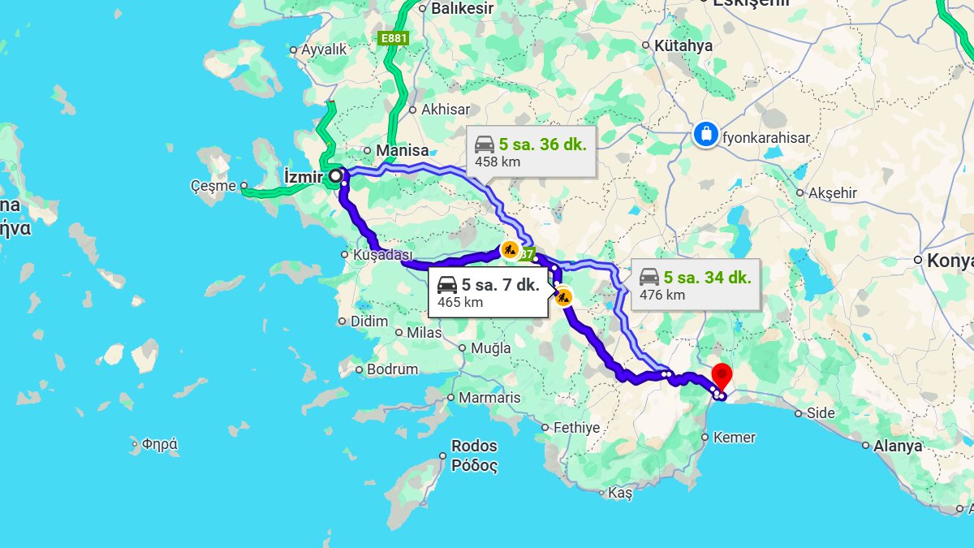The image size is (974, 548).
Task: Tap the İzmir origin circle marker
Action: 335,175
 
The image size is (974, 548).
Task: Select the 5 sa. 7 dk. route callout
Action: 488,293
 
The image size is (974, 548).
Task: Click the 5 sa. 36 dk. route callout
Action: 531,152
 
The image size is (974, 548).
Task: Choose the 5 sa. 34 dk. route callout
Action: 695,284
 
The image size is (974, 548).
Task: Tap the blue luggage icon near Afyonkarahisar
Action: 706,134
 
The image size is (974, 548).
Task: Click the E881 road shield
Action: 394,37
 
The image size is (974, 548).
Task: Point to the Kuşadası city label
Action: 383,255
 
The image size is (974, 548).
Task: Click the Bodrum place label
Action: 392,369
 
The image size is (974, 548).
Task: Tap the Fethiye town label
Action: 575,428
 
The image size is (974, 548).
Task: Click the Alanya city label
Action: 898,446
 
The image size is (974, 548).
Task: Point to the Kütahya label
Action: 683,46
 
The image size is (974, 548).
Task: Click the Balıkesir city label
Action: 462,8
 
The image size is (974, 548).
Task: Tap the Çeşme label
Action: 212,186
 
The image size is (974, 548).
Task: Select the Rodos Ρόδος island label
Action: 474,455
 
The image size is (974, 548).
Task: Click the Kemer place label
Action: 734,438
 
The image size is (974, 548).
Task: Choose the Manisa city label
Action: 401,150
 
